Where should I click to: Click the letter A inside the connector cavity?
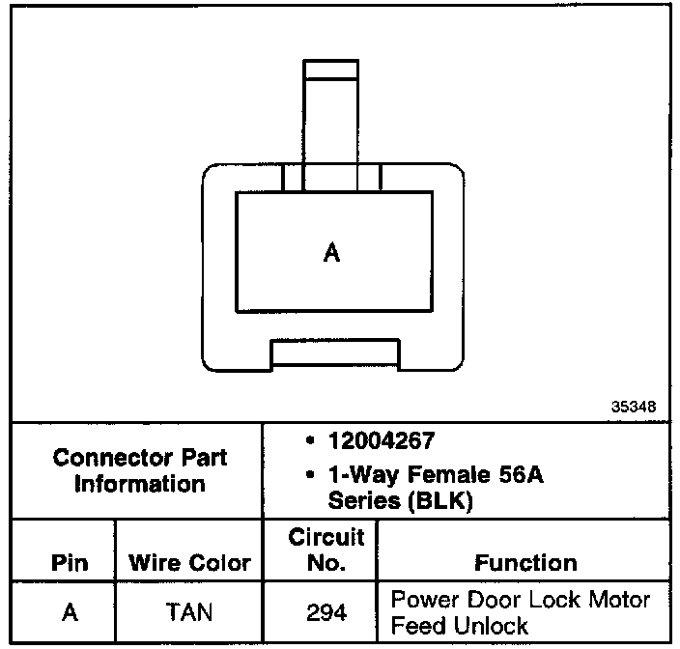[331, 253]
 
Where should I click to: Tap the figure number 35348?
[633, 407]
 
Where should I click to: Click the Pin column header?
[69, 562]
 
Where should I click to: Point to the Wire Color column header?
[190, 562]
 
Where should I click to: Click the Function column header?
[525, 562]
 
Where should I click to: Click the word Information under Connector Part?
[139, 483]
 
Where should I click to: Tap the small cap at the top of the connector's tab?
[331, 69]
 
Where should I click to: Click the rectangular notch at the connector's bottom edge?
[334, 353]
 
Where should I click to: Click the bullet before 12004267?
[306, 442]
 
